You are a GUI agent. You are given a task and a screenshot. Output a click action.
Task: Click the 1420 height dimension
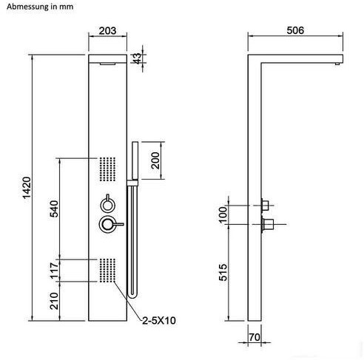click(27, 188)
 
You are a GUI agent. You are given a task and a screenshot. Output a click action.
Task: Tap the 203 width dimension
click(107, 31)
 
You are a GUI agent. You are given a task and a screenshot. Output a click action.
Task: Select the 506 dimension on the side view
click(295, 30)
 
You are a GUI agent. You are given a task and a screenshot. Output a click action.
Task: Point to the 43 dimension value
click(138, 58)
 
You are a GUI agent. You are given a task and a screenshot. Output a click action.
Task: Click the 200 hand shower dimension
click(155, 160)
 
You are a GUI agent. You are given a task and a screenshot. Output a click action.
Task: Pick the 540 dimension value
click(54, 208)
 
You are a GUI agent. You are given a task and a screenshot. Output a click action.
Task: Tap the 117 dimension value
click(54, 271)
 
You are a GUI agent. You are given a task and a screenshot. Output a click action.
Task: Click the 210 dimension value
click(54, 301)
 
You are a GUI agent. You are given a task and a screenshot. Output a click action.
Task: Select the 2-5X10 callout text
click(159, 321)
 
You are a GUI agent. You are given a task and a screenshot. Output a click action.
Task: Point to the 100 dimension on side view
click(223, 215)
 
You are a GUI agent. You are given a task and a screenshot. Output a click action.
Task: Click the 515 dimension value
click(223, 272)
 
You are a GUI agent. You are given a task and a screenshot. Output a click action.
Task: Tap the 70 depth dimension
click(255, 337)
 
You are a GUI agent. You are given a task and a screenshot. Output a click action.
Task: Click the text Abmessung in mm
click(40, 7)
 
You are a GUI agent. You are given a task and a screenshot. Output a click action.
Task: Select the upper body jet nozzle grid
click(107, 169)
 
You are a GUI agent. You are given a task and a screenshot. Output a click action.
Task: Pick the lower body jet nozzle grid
click(107, 270)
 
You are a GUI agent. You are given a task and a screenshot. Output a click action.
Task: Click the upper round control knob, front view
click(107, 203)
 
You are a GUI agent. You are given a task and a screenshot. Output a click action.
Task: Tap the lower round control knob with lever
click(111, 224)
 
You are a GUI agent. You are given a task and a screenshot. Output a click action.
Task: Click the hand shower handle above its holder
click(135, 160)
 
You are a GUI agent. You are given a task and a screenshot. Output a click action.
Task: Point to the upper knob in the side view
click(265, 205)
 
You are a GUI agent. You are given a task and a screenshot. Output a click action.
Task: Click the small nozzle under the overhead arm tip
click(337, 64)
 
